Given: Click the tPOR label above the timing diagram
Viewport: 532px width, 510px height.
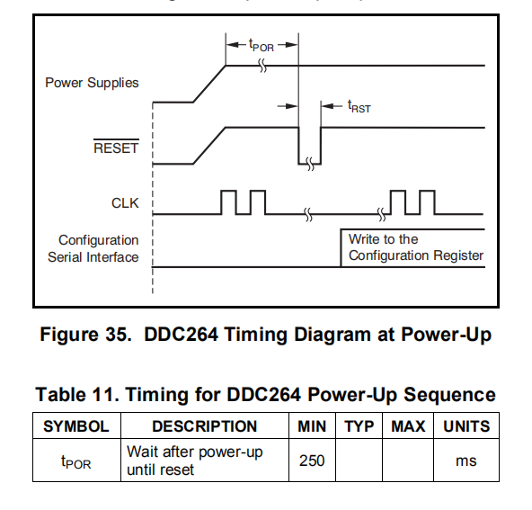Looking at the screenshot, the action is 262,45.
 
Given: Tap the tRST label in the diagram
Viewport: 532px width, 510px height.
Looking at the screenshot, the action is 359,107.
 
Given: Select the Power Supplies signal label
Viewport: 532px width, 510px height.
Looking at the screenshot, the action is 92,83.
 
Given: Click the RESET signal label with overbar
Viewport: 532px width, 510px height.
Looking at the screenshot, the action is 116,147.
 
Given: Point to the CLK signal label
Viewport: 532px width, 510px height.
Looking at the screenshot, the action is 125,203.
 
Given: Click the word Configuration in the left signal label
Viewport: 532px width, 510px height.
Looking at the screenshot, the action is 98,240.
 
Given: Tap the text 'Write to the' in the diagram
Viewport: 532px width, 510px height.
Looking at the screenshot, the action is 384,239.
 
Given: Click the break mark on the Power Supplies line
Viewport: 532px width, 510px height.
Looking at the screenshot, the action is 262,65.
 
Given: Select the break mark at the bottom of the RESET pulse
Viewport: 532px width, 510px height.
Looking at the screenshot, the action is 310,164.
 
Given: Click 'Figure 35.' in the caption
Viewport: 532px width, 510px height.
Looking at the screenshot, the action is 85,334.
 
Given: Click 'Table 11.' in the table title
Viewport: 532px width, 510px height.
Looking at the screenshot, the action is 77,395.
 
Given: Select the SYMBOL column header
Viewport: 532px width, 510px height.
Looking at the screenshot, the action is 76,426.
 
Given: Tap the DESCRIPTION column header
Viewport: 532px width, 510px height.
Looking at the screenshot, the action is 205,426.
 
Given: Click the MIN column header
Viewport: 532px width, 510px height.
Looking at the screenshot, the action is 312,426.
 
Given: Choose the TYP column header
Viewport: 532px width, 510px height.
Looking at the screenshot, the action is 359,426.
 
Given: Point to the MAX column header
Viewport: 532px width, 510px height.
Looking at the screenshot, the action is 408,426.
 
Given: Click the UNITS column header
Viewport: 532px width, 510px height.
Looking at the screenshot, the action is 466,426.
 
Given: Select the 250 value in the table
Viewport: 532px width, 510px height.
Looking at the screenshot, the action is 312,461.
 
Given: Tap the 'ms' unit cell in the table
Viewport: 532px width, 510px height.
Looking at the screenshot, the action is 466,461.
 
